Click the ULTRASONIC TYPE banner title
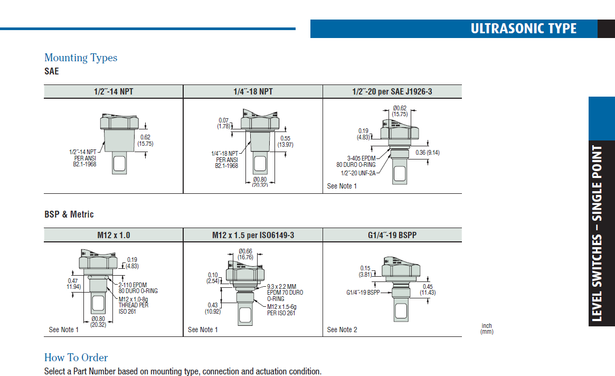point(523,29)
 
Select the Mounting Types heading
point(81,58)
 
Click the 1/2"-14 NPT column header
point(113,91)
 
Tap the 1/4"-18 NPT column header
point(253,91)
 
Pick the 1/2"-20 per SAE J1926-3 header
point(392,91)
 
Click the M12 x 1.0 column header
point(113,234)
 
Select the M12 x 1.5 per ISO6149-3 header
point(253,234)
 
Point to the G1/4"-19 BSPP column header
point(392,234)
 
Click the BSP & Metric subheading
point(69,214)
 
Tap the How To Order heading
point(76,358)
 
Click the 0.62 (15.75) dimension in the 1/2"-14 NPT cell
point(145,140)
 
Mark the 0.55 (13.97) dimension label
point(285,141)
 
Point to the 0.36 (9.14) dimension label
point(427,153)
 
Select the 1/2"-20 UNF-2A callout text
point(358,172)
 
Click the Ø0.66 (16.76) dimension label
point(245,254)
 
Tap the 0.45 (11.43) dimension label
point(428,289)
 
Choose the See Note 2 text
point(342,330)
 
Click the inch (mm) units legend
point(486,328)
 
